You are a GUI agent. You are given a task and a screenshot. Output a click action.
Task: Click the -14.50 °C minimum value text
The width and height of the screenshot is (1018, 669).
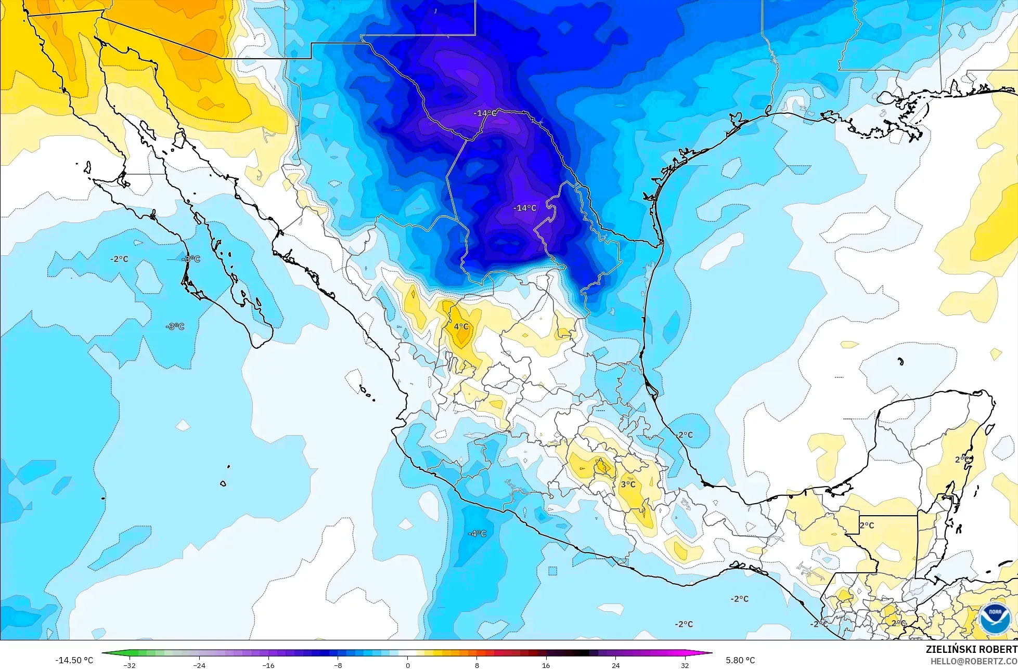74,660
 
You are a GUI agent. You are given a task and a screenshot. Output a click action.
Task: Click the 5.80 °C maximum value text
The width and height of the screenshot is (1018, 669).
740,660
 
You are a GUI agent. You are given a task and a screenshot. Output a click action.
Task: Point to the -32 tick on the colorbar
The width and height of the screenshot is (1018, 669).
130,665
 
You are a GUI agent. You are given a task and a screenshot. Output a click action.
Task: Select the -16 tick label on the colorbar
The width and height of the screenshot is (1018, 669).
268,665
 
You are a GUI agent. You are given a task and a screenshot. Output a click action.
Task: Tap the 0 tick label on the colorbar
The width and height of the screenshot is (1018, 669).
407,665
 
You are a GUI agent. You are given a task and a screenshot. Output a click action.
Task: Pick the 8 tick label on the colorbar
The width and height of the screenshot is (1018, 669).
477,665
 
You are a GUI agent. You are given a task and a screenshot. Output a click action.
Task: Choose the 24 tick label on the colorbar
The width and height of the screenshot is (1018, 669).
616,665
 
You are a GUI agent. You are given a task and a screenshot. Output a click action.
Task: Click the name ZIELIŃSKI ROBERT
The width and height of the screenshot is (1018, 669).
971,649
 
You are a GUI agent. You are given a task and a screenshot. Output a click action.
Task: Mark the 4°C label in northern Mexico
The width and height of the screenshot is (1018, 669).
461,326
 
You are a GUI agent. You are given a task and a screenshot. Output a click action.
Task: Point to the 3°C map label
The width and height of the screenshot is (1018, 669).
628,484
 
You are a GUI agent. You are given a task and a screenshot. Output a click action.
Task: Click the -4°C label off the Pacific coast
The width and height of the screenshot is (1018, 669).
477,533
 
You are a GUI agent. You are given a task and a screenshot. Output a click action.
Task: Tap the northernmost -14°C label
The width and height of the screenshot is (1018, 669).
484,113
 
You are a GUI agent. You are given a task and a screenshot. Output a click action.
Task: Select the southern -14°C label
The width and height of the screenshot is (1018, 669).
525,208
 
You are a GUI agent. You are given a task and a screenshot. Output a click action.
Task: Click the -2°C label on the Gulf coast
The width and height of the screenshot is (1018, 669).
685,435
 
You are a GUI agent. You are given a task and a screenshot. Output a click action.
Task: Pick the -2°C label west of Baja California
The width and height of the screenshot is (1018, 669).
119,259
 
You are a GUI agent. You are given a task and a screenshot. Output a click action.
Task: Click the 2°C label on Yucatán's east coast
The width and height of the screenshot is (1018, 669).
962,460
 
